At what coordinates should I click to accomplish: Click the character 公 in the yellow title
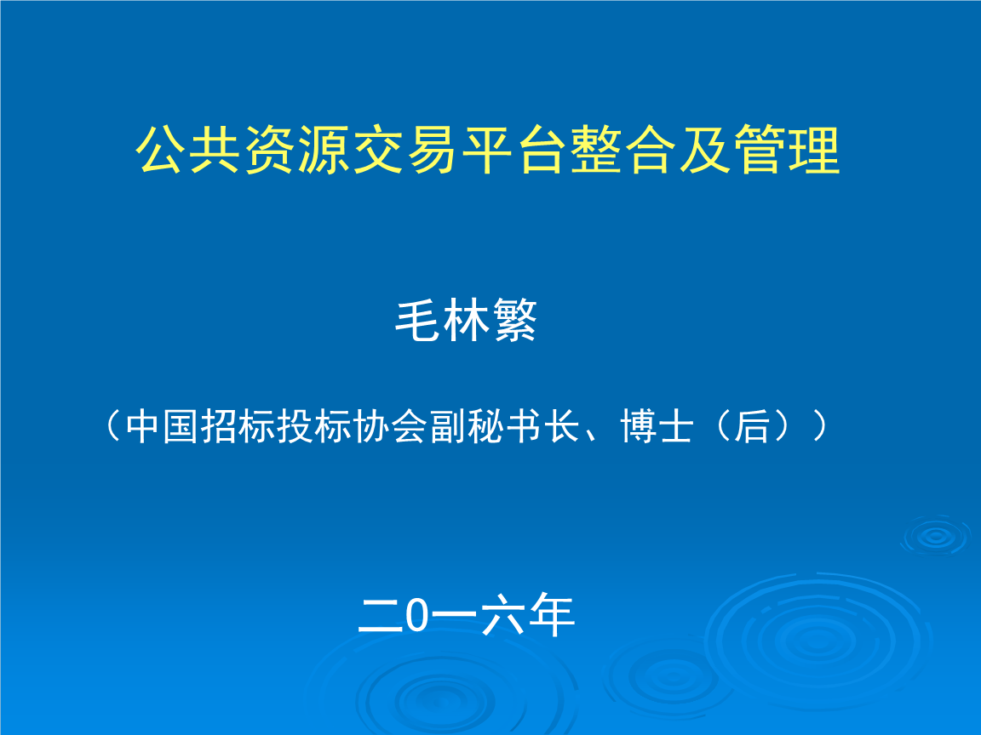(x=160, y=150)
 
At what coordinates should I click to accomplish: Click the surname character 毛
(x=418, y=321)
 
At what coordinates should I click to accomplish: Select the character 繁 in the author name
(x=514, y=321)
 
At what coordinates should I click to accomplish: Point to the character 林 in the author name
(x=466, y=321)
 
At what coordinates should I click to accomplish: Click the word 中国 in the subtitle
(x=163, y=427)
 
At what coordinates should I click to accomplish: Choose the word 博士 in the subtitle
(x=657, y=427)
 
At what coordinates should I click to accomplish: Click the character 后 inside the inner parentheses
(x=751, y=427)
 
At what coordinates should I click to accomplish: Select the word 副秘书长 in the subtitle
(x=504, y=427)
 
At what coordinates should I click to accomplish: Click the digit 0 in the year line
(x=416, y=615)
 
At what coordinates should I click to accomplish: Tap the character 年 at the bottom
(x=552, y=615)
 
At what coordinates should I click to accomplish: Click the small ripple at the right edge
(x=936, y=536)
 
